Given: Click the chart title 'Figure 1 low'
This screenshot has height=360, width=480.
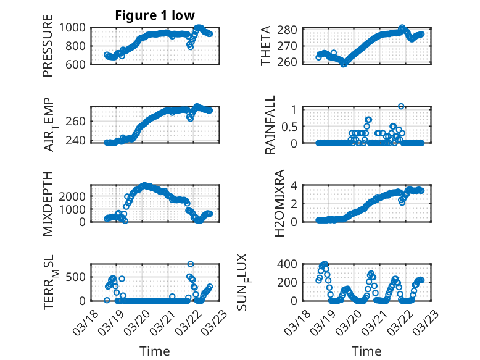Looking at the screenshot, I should click(x=155, y=16).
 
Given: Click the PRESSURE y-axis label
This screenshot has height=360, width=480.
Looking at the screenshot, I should click(x=48, y=50).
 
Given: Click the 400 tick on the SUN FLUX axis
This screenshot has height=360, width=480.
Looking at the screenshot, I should click(x=293, y=264).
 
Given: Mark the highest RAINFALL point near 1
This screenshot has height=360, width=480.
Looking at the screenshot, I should click(x=401, y=106).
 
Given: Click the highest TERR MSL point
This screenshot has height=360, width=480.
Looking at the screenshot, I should click(x=191, y=264).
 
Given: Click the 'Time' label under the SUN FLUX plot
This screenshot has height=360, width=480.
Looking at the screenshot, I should click(x=366, y=351).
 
